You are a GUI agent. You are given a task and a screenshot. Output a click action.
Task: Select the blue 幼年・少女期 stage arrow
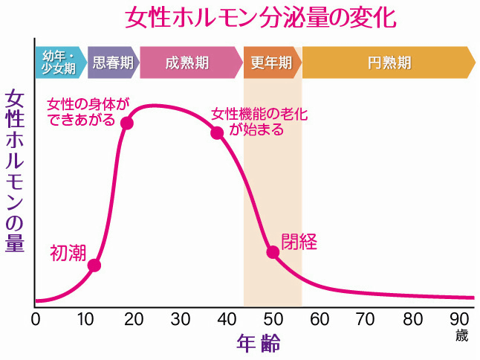[59, 62]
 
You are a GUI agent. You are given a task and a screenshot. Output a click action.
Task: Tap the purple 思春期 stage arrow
[113, 62]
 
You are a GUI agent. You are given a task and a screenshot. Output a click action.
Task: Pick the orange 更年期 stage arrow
[271, 62]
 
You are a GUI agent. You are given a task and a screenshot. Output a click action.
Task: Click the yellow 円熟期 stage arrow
[388, 62]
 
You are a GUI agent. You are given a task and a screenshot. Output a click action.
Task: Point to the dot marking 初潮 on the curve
[94, 265]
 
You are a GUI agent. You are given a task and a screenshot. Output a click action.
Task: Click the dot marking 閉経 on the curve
[273, 251]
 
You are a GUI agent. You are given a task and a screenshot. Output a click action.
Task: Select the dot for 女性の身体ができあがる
[126, 123]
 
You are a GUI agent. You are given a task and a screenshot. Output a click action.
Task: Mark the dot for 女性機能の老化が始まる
[217, 133]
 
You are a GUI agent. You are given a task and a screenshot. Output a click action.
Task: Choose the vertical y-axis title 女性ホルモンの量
[15, 171]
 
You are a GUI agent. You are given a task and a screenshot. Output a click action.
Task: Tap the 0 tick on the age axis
[36, 320]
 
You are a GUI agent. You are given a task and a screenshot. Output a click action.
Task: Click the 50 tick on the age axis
[273, 320]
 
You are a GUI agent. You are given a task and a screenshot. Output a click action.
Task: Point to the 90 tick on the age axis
[461, 320]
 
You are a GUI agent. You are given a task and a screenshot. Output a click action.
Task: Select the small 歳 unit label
[462, 335]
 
